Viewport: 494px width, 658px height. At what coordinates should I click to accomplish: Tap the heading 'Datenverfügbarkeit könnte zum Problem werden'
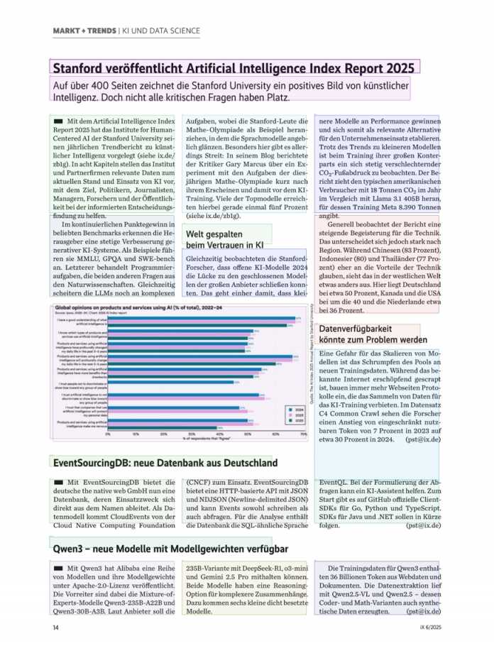point(373,334)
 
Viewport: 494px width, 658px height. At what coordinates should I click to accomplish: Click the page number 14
point(55,627)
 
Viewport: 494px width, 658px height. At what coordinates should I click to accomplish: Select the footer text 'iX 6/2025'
point(430,627)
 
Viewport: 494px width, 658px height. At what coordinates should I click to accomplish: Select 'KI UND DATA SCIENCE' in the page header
point(162,32)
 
